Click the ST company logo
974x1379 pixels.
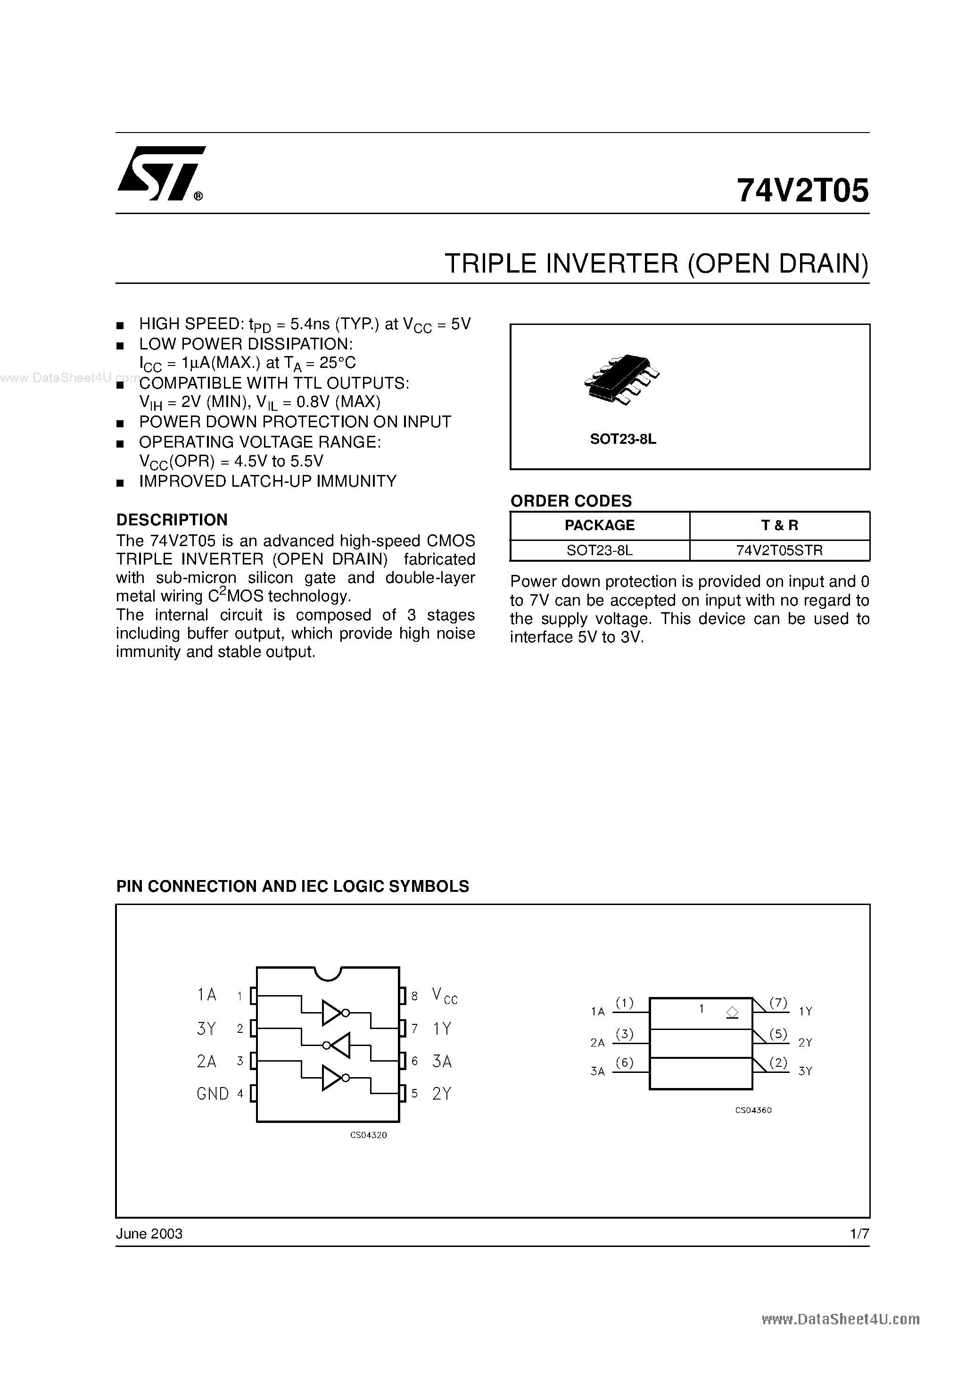point(161,173)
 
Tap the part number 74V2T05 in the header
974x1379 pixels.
point(802,191)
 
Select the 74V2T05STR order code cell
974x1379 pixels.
point(779,550)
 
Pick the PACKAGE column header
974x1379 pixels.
point(599,525)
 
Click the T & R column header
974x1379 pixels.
point(779,525)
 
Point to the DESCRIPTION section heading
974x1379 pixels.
point(172,520)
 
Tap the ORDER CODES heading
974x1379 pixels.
point(570,500)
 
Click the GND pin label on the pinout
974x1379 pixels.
point(213,1094)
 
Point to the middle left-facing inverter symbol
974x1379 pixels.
point(339,1045)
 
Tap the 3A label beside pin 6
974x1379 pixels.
point(442,1061)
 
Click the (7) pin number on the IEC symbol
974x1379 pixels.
point(778,1003)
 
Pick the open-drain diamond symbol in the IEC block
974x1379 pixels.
point(732,1013)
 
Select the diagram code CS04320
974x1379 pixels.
point(368,1135)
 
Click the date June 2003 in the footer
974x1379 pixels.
point(149,1234)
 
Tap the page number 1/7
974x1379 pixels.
point(859,1234)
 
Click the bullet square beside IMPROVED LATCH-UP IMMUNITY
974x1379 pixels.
point(120,482)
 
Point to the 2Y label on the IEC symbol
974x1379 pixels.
point(805,1043)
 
